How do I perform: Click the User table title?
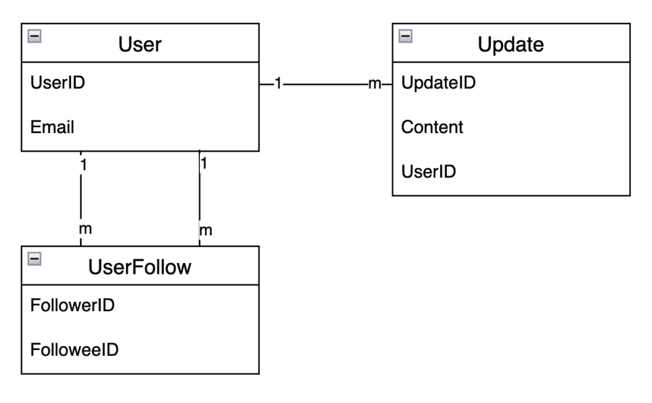pyautogui.click(x=139, y=46)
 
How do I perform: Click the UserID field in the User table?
pyautogui.click(x=58, y=83)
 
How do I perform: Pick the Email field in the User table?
pyautogui.click(x=53, y=127)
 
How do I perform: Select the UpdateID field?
pyautogui.click(x=439, y=83)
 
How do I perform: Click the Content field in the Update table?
pyautogui.click(x=432, y=127)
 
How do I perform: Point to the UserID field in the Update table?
pyautogui.click(x=429, y=171)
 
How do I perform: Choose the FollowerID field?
pyautogui.click(x=73, y=305)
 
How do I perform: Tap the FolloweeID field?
pyautogui.click(x=74, y=350)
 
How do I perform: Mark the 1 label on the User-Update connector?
pyautogui.click(x=278, y=83)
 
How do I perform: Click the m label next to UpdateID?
pyautogui.click(x=374, y=83)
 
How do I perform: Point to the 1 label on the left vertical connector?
pyautogui.click(x=83, y=164)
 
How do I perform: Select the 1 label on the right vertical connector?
pyautogui.click(x=204, y=163)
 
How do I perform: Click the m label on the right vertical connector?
pyautogui.click(x=206, y=230)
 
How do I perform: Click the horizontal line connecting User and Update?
pyautogui.click(x=325, y=83)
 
